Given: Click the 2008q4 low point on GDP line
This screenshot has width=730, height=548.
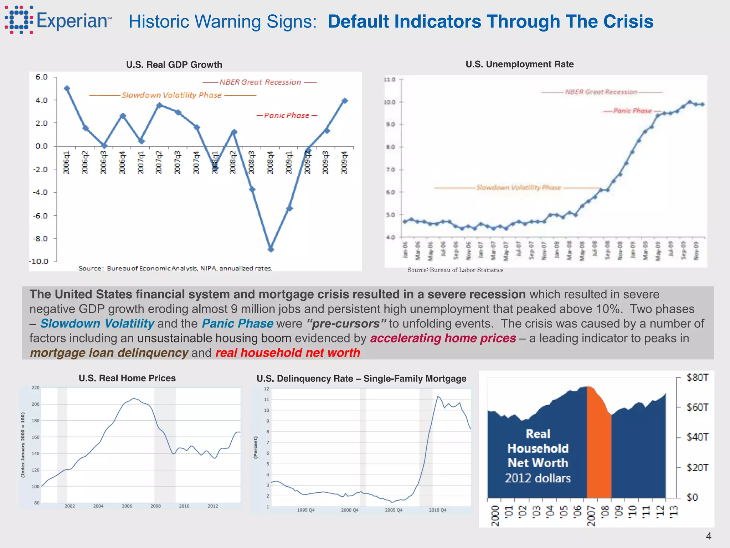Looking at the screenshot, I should [x=271, y=249].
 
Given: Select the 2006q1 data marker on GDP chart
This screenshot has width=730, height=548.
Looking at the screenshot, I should [x=67, y=88].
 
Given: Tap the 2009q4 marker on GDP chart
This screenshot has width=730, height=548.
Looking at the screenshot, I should [x=344, y=101].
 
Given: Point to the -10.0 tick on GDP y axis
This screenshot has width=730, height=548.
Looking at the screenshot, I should [x=38, y=262].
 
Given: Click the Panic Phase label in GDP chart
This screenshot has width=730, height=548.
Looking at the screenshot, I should [x=287, y=116].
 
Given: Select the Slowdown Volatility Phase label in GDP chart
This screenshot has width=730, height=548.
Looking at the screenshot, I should [x=171, y=95].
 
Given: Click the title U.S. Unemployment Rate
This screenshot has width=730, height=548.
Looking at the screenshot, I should [x=519, y=64].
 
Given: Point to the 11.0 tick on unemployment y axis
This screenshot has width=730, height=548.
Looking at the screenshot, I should [x=390, y=80].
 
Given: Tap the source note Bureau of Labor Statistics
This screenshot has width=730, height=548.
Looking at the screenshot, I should [x=455, y=270].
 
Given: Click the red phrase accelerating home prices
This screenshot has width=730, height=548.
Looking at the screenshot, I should [x=443, y=338].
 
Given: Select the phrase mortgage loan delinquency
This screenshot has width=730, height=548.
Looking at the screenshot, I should [x=109, y=352].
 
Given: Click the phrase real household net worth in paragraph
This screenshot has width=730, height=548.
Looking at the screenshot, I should [x=288, y=352].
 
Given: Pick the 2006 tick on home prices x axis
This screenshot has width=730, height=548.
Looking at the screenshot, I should [x=127, y=506].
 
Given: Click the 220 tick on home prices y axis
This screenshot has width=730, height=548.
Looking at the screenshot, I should [x=36, y=388].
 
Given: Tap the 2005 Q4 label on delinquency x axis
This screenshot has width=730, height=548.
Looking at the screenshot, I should [x=394, y=510].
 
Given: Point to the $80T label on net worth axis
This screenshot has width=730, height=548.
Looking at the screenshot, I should [x=698, y=377].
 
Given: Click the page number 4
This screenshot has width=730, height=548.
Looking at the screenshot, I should [x=708, y=536].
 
